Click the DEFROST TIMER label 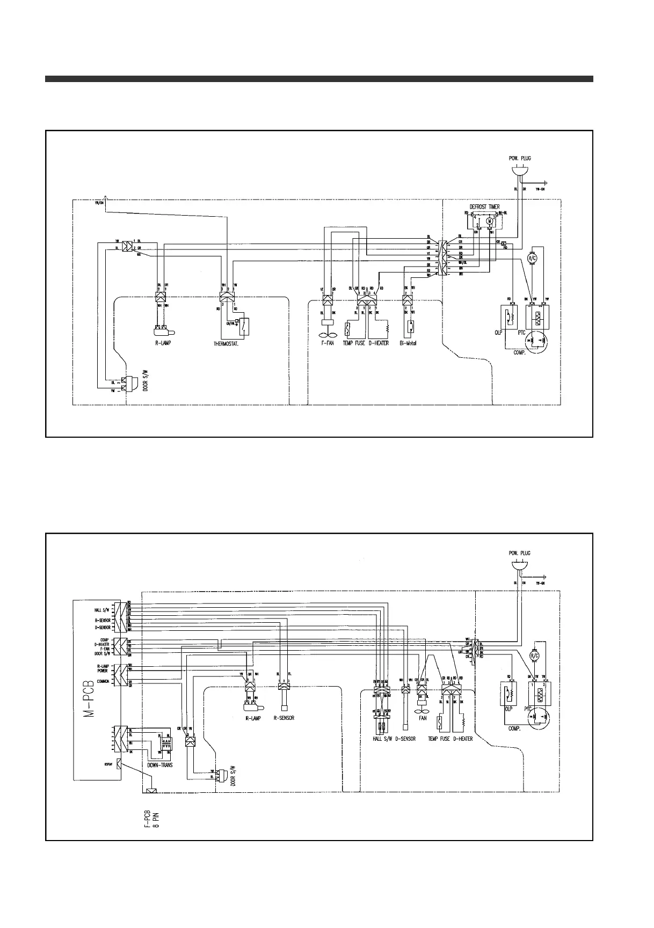click(x=485, y=207)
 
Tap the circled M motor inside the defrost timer click(x=489, y=221)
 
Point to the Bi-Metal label click(x=409, y=343)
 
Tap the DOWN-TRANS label click(x=160, y=765)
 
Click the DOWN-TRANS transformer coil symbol click(x=167, y=745)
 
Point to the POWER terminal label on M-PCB click(x=102, y=671)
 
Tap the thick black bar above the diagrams click(x=319, y=79)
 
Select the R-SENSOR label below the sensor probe click(x=284, y=718)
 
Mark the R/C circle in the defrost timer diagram click(x=533, y=258)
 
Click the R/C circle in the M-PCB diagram click(x=535, y=656)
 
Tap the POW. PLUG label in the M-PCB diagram click(x=519, y=553)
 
